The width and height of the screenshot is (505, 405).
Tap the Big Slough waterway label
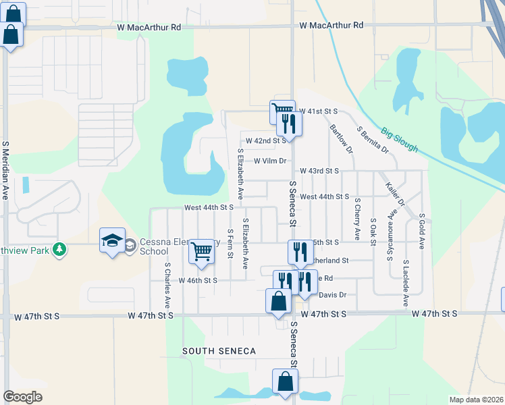click(399, 140)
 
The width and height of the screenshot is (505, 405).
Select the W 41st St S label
click(318, 111)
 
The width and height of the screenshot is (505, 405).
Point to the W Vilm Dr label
click(271, 161)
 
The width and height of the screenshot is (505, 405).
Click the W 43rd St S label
click(319, 171)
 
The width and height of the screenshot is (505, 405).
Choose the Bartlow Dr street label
click(341, 138)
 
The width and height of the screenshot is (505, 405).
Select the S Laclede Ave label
click(406, 282)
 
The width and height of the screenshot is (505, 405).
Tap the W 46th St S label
click(198, 280)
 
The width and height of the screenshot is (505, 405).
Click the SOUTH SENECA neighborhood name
click(219, 351)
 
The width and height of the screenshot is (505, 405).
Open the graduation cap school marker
click(113, 241)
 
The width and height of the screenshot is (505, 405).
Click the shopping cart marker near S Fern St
click(202, 252)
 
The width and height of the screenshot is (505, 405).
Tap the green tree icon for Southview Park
click(60, 249)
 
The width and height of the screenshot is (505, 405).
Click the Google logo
click(22, 397)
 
